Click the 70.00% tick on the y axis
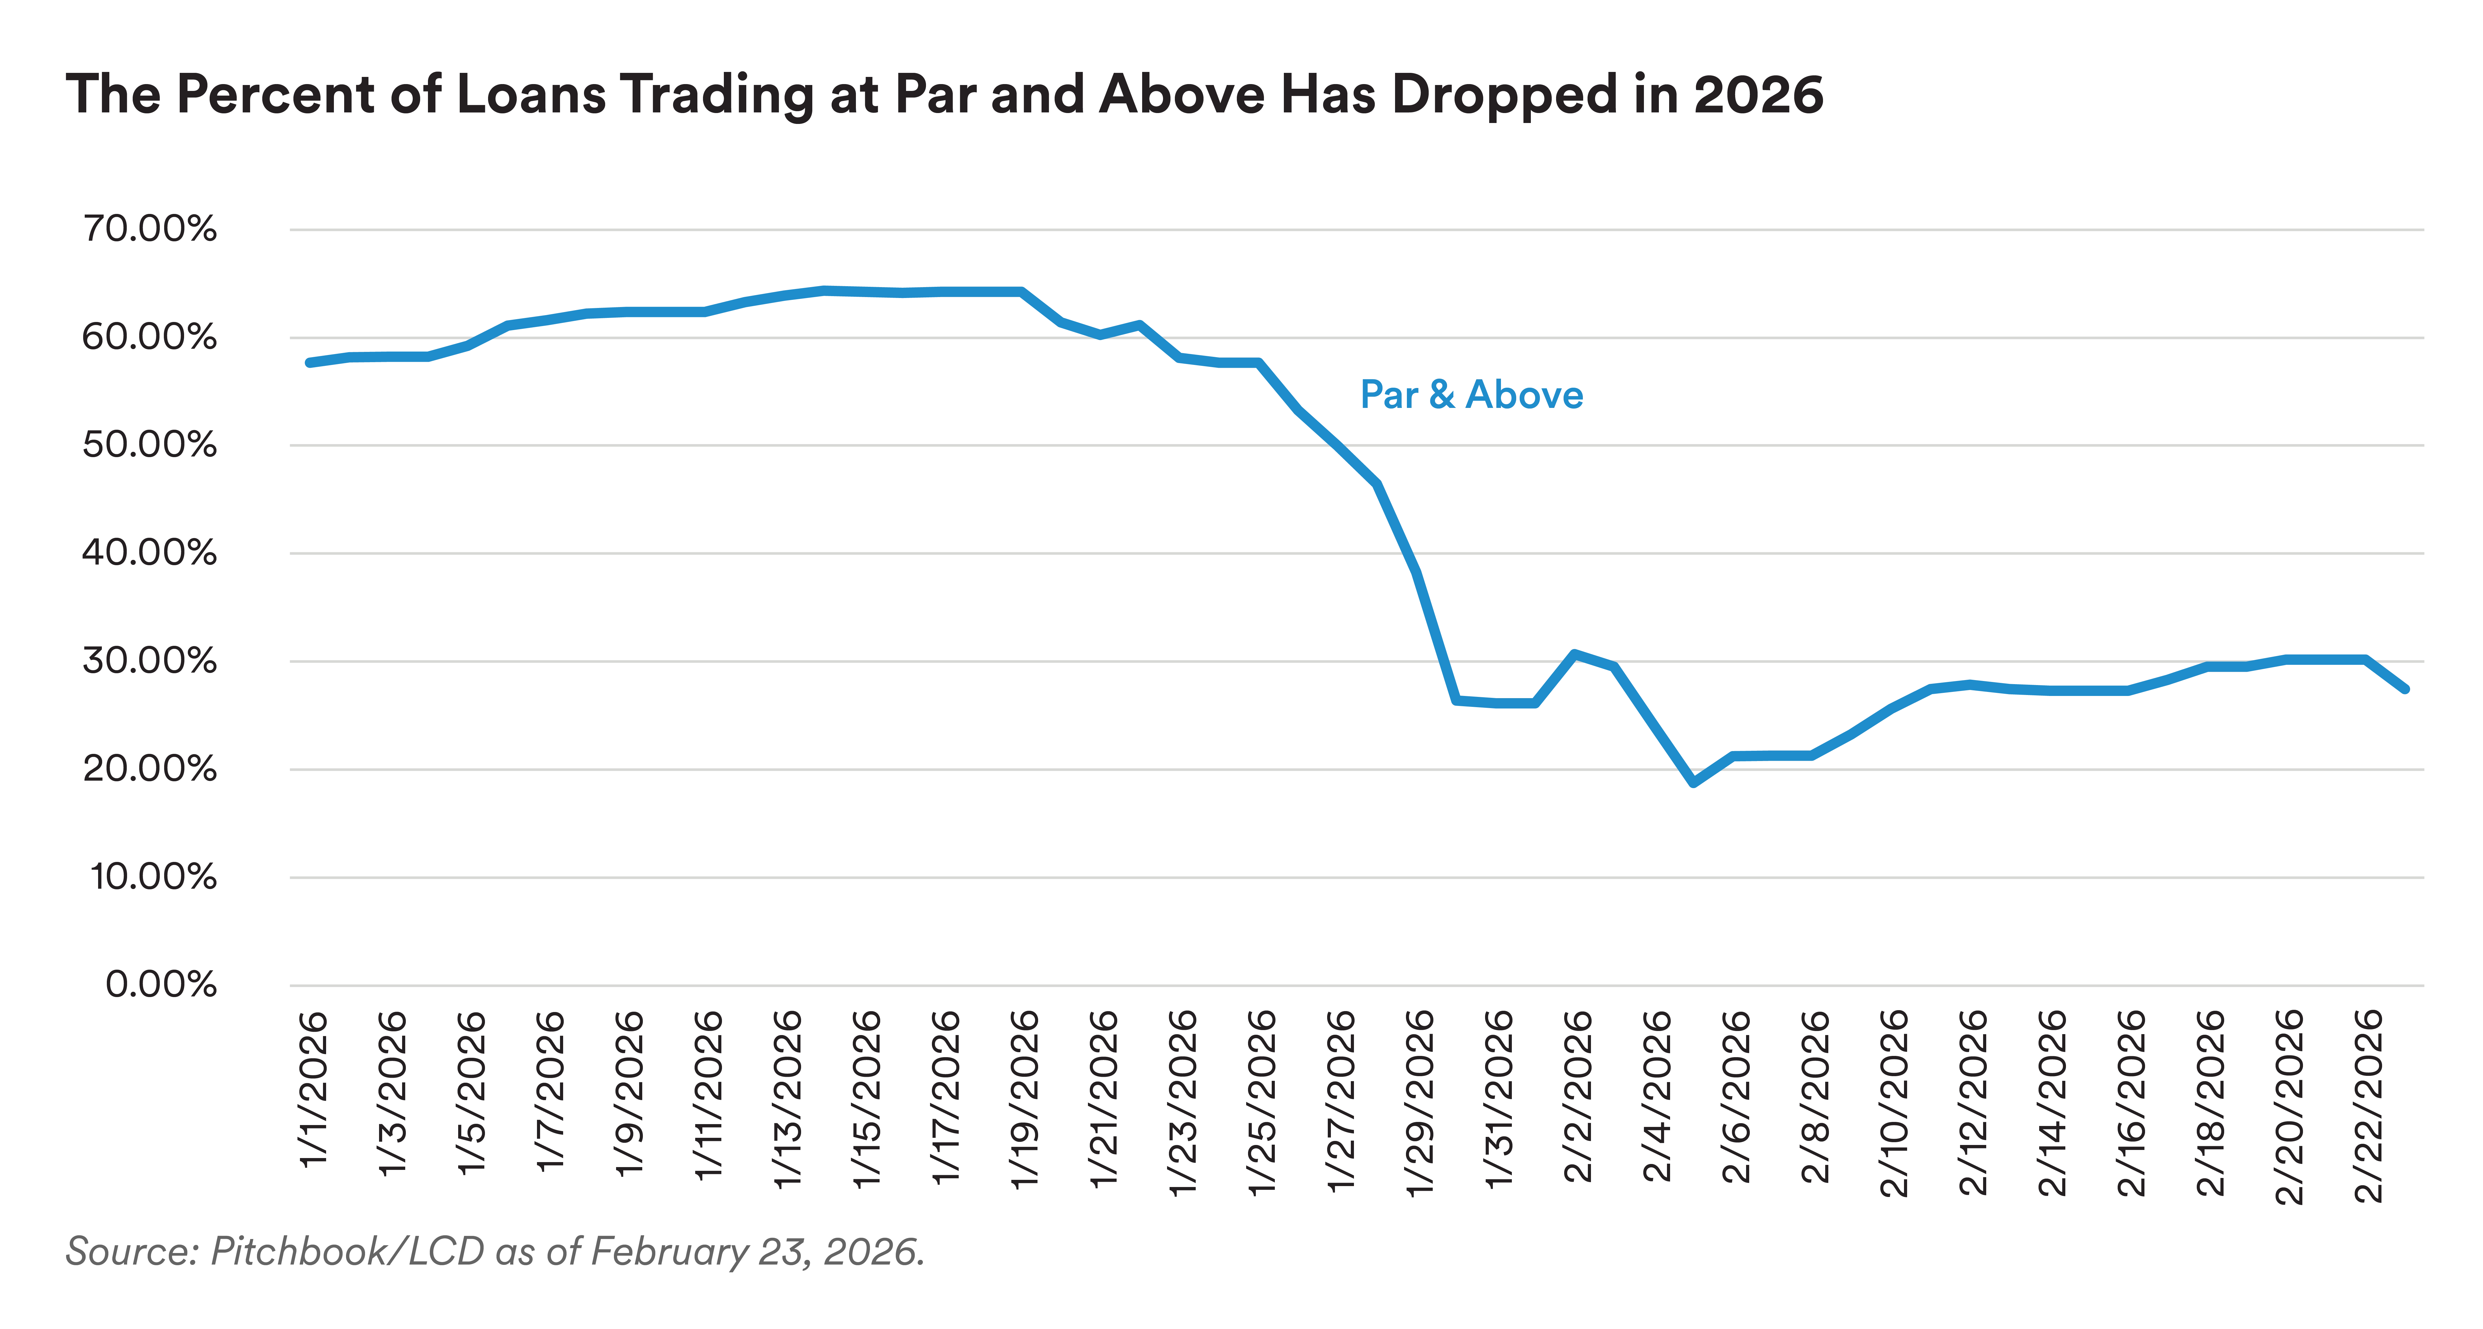point(150,229)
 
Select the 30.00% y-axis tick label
point(150,661)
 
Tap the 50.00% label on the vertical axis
point(150,445)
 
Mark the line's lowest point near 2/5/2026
point(1693,781)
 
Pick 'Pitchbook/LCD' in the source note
point(347,1251)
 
